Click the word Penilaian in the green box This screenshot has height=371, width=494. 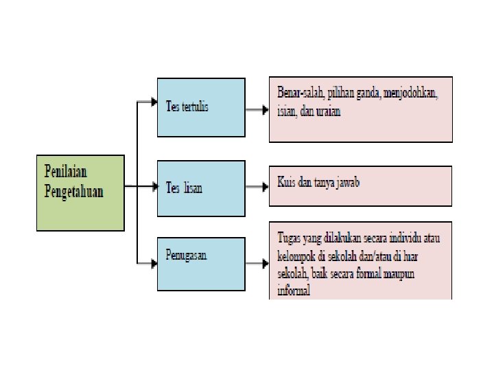click(x=67, y=170)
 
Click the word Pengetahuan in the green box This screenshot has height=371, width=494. click(x=74, y=190)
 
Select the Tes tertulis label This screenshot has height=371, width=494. click(x=187, y=107)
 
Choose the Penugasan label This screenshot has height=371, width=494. click(x=186, y=255)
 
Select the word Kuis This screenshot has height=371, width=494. click(x=287, y=183)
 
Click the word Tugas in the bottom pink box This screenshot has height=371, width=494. click(x=290, y=238)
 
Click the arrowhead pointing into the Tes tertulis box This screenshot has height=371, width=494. click(x=153, y=102)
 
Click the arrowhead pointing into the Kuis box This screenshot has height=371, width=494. click(x=263, y=186)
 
